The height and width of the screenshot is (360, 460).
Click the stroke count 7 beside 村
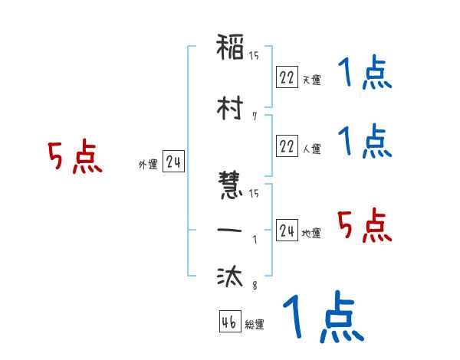pos(254,116)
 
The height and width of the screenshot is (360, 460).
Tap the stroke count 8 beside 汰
pos(254,286)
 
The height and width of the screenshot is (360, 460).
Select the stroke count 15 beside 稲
pos(254,56)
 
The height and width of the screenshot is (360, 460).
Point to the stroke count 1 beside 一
pos(254,238)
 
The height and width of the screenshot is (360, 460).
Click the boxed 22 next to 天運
pos(287,77)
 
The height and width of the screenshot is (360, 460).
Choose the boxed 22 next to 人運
pos(287,146)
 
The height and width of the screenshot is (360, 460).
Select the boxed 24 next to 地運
pos(287,231)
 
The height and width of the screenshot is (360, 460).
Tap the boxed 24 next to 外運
pos(173,162)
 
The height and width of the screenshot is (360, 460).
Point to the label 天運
pos(311,80)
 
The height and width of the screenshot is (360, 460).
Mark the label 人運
pos(311,149)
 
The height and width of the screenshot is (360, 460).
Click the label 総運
pos(254,325)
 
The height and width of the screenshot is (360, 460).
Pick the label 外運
pos(148,165)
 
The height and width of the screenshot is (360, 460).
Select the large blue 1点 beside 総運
pos(323,317)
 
